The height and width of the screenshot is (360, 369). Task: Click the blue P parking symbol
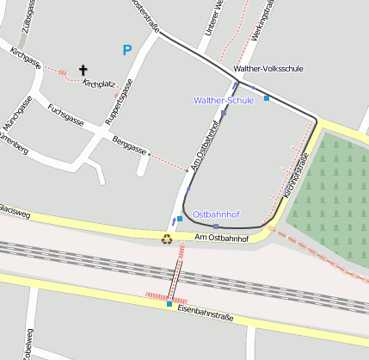tap(127, 51)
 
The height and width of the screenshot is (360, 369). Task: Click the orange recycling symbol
tap(168, 239)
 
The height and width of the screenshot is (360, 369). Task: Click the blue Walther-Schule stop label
tap(224, 101)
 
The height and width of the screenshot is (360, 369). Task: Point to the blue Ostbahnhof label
tap(216, 214)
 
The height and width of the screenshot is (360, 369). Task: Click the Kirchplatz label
tap(99, 84)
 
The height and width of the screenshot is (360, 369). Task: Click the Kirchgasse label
tap(26, 64)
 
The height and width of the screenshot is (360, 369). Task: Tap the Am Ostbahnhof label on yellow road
tap(227, 237)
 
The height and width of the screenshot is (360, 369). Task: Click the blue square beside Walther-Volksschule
tap(267, 98)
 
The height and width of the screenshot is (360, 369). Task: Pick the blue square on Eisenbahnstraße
tap(169, 304)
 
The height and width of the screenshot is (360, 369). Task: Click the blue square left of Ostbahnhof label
tap(179, 219)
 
